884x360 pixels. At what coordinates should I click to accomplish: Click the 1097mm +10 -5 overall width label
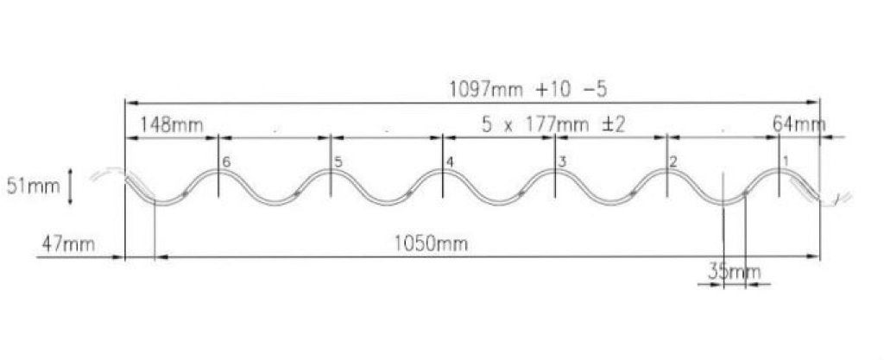[x=527, y=90]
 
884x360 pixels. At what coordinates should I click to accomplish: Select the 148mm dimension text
[x=171, y=124]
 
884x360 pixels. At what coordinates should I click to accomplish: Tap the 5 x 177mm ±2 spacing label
[x=553, y=124]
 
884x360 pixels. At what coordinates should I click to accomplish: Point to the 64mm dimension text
[x=799, y=124]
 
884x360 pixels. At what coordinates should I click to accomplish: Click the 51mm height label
[x=33, y=186]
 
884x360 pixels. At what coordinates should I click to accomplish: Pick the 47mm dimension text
[x=68, y=244]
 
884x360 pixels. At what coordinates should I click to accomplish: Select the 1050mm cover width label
[x=431, y=244]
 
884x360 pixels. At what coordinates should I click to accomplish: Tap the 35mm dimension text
[x=734, y=272]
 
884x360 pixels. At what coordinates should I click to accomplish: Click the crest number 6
[x=226, y=161]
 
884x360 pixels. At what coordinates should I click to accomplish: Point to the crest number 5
[x=338, y=161]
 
